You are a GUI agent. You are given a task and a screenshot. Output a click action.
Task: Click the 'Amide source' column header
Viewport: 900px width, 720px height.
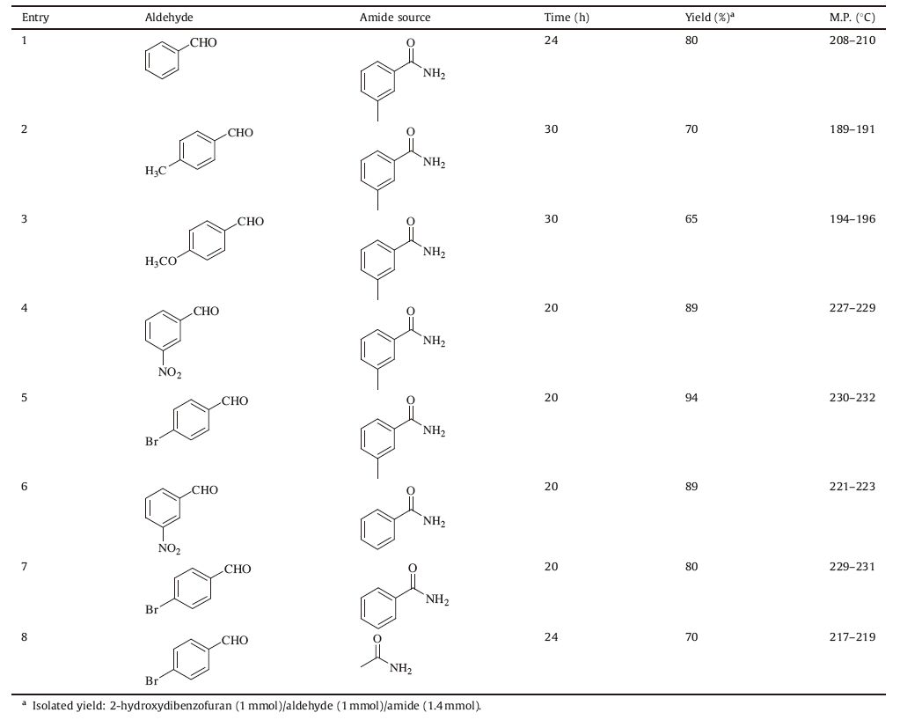(x=395, y=18)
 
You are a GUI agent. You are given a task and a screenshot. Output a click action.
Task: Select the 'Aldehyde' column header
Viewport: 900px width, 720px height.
(x=169, y=18)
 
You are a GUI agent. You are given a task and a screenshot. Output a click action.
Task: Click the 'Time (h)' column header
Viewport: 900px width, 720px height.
(x=567, y=18)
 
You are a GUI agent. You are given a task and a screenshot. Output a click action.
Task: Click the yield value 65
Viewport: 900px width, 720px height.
(x=691, y=219)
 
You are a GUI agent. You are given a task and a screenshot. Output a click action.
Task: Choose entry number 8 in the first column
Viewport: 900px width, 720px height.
(x=25, y=637)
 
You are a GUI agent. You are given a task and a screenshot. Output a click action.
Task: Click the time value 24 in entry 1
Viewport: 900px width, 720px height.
(x=551, y=40)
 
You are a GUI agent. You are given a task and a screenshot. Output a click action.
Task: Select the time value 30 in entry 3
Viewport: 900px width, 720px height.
(x=551, y=219)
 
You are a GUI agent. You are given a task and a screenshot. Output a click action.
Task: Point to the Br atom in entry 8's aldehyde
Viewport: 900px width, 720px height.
(x=152, y=681)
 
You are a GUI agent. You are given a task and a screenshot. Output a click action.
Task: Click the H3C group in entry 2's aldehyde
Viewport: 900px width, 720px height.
(x=156, y=171)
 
